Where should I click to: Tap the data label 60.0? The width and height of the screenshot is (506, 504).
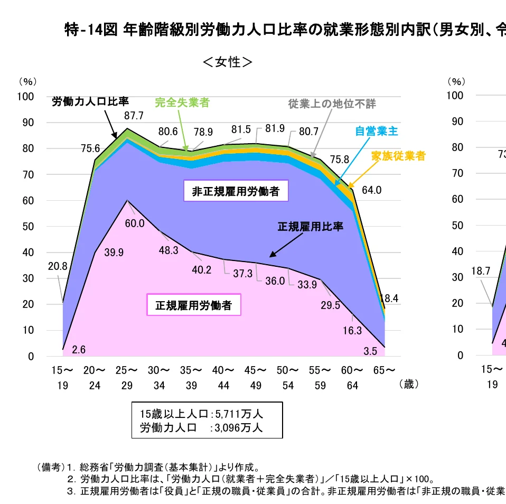pyautogui.click(x=134, y=223)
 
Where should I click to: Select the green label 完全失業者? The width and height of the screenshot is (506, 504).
pyautogui.click(x=182, y=102)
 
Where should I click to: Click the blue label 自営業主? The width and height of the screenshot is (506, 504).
pyautogui.click(x=376, y=131)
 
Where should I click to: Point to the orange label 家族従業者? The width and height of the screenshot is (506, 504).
pyautogui.click(x=398, y=156)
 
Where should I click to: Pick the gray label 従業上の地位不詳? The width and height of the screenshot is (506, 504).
pyautogui.click(x=332, y=104)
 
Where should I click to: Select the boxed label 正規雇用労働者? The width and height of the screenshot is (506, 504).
pyautogui.click(x=193, y=305)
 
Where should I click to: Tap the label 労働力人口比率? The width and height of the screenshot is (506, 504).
pyautogui.click(x=90, y=102)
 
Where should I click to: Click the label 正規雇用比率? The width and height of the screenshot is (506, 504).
pyautogui.click(x=311, y=227)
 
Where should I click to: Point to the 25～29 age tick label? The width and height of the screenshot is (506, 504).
pyautogui.click(x=127, y=378)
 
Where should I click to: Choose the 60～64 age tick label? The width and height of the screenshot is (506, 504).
pyautogui.click(x=353, y=378)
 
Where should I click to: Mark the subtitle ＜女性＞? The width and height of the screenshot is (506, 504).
pyautogui.click(x=228, y=62)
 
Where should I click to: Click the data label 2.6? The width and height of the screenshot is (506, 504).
pyautogui.click(x=79, y=349)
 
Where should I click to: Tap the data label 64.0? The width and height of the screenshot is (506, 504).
pyautogui.click(x=372, y=190)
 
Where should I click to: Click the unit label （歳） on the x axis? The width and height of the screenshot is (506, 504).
pyautogui.click(x=408, y=385)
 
